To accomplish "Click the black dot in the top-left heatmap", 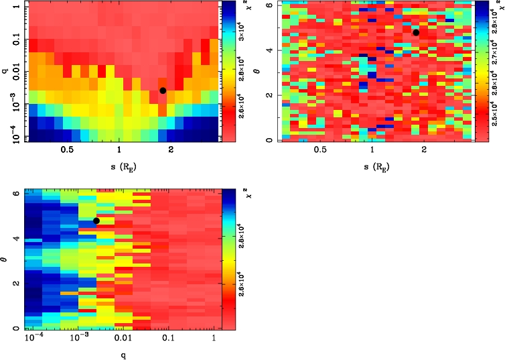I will [163, 91].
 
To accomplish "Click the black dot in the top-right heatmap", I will [416, 32].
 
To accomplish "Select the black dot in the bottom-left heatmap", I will [96, 221].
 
